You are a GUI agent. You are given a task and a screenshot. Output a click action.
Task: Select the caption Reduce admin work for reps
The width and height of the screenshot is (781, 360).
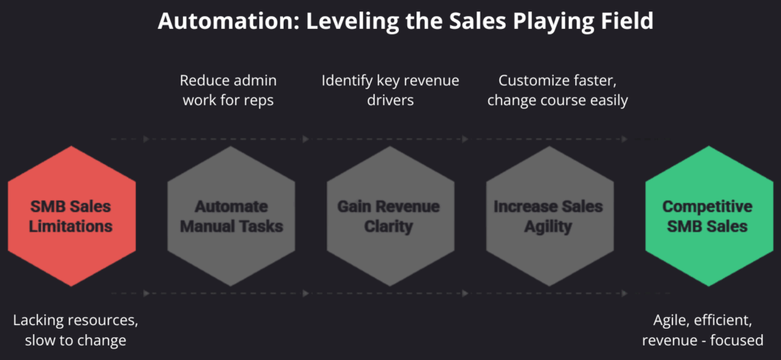coord(228,90)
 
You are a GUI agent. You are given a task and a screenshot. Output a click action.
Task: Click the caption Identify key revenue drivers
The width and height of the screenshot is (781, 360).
coord(389,90)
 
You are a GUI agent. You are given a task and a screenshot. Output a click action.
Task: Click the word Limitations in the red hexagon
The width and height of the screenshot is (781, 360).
coord(72,226)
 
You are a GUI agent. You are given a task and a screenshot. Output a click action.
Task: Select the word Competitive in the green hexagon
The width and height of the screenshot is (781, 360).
coord(708,207)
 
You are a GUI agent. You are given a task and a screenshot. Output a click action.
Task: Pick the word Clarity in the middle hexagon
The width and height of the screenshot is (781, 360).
coord(390,226)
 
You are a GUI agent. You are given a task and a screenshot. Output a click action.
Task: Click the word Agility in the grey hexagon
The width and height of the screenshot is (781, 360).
coord(548,226)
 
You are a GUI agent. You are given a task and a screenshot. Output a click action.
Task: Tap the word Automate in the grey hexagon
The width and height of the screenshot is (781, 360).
coord(231,207)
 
